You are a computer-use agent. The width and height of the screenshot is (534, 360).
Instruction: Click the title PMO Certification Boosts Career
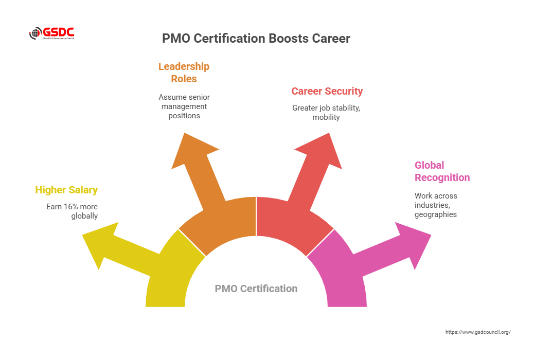point(256,39)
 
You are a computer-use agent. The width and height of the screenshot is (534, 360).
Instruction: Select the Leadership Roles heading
point(184,73)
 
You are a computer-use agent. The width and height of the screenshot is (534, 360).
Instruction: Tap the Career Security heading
point(327,91)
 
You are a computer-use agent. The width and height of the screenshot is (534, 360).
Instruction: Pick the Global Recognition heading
point(442,171)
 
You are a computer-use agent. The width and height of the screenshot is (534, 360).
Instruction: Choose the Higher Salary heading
point(66,190)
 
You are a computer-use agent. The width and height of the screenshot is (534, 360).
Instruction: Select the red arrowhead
point(322,151)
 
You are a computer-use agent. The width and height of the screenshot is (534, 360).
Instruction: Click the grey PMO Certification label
point(256,289)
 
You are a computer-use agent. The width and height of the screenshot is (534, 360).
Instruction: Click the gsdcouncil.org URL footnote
point(478,332)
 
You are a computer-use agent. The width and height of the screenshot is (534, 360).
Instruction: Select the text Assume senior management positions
point(184,106)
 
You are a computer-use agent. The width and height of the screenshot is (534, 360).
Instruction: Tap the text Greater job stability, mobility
point(326,113)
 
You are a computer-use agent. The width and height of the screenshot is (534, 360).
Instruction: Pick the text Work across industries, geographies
point(436,205)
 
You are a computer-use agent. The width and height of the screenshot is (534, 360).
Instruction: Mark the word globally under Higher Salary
point(84,216)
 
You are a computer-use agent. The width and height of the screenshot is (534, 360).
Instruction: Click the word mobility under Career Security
point(326,117)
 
